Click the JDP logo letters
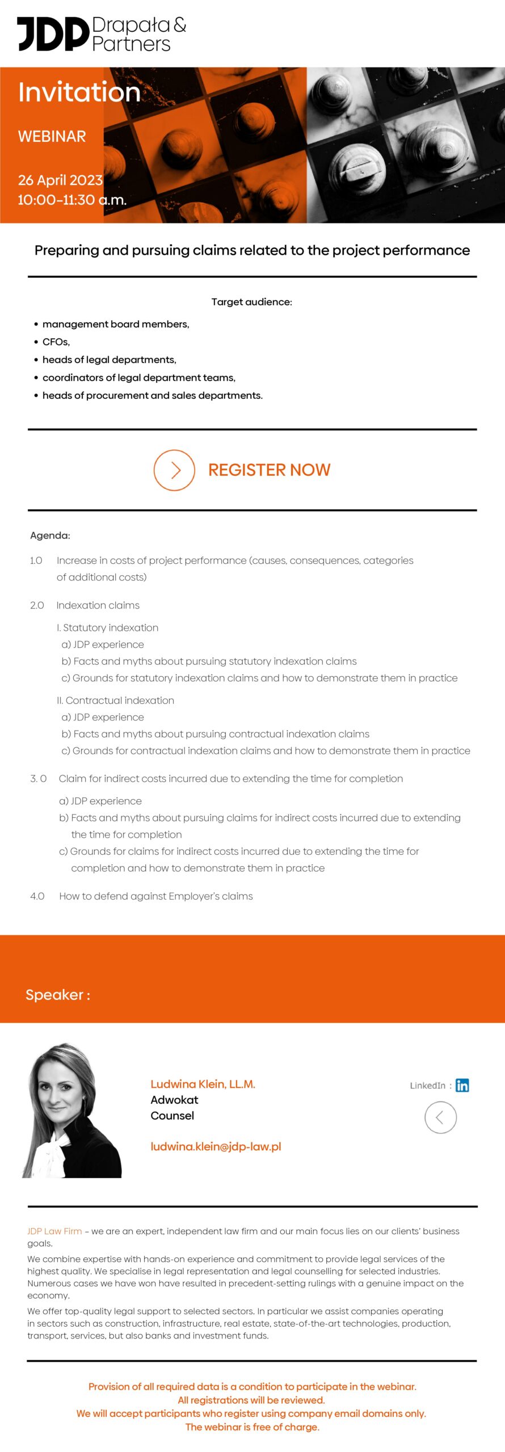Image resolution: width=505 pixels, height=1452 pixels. (53, 34)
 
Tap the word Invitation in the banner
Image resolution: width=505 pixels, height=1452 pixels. (79, 92)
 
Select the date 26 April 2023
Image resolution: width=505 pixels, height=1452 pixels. (60, 180)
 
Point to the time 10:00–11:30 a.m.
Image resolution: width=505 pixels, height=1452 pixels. (72, 200)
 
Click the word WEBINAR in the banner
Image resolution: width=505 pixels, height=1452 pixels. (52, 137)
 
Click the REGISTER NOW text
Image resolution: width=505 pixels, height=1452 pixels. (269, 470)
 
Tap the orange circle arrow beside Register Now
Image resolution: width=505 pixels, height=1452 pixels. (174, 470)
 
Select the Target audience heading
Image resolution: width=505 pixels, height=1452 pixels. (252, 302)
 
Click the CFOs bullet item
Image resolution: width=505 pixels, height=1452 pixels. (56, 342)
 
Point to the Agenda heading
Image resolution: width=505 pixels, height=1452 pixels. (50, 535)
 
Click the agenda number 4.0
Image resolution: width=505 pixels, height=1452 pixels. (37, 896)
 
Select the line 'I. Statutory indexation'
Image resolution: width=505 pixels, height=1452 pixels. (108, 628)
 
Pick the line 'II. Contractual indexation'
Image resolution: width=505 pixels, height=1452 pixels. (116, 700)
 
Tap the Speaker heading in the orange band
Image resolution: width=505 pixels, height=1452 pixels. (58, 995)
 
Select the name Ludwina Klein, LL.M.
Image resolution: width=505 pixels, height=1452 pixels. (203, 1084)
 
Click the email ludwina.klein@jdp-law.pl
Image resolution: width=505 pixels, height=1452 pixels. (216, 1146)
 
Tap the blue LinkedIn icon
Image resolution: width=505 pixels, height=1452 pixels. (462, 1085)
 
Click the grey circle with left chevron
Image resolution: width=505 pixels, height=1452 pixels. (440, 1117)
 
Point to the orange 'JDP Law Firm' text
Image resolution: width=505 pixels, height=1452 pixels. (54, 1231)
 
